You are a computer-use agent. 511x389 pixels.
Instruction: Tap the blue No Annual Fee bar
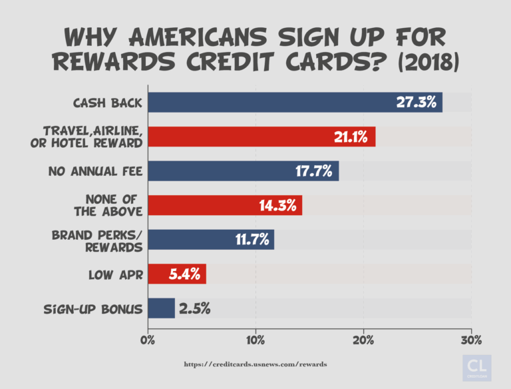coord(243,171)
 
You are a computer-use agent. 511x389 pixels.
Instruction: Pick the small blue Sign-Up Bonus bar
coord(161,308)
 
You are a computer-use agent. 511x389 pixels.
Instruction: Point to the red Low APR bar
coord(177,274)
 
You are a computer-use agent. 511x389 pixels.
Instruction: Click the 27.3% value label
coord(417,103)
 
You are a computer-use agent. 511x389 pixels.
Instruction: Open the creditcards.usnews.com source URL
coord(255,364)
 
